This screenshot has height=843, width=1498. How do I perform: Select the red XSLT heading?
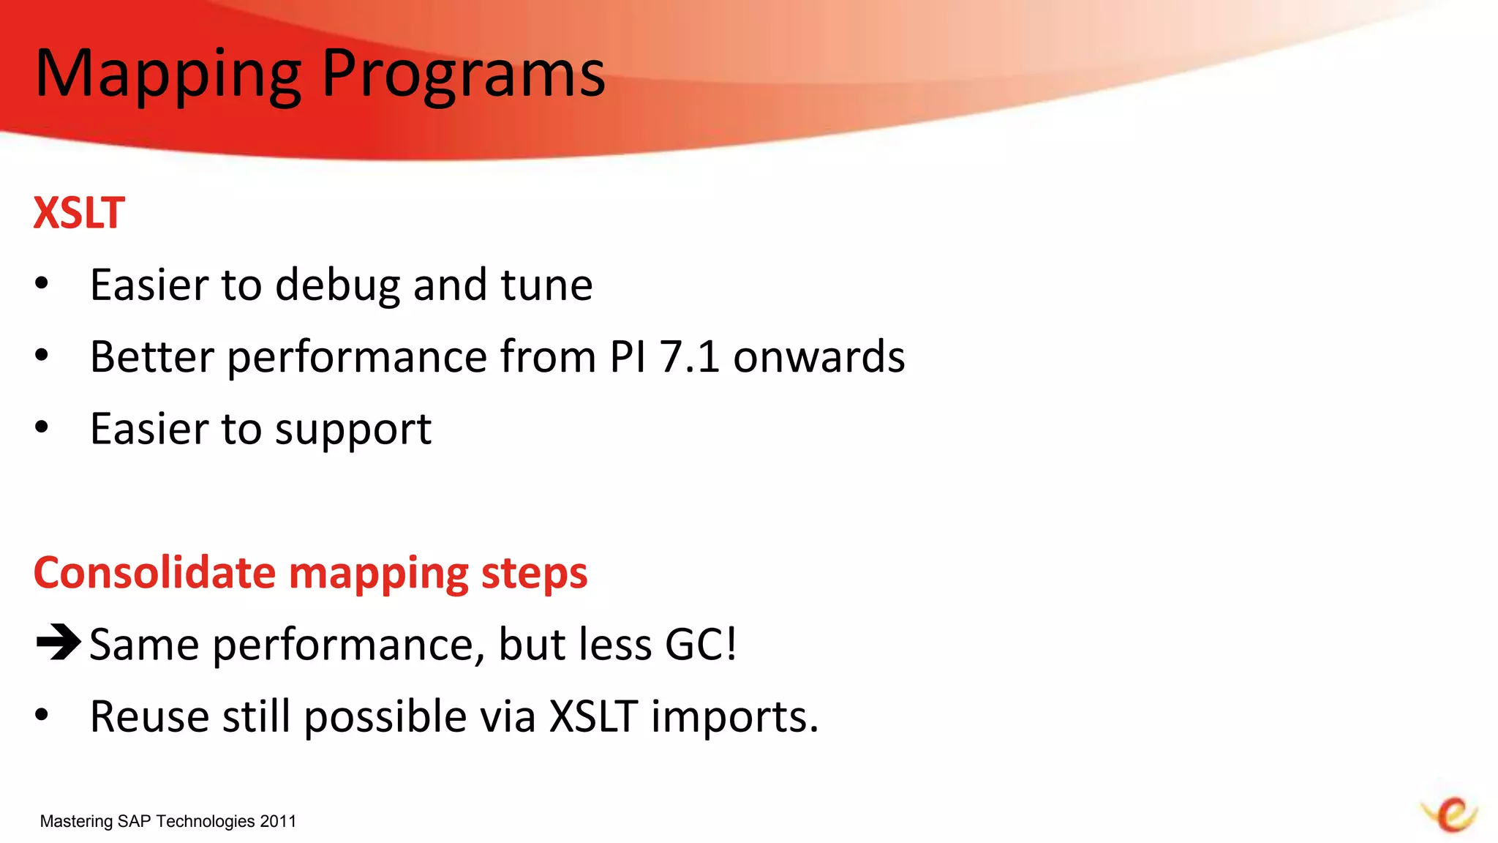click(79, 213)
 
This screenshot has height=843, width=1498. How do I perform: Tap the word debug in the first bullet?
click(337, 285)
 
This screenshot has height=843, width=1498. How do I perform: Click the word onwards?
click(818, 357)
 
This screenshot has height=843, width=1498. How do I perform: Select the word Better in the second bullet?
click(152, 357)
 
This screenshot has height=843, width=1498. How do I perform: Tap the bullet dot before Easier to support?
click(42, 427)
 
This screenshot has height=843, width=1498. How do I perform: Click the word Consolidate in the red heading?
click(154, 572)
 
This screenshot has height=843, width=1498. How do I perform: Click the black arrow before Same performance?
click(58, 642)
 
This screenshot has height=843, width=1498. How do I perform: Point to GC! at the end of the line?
click(700, 645)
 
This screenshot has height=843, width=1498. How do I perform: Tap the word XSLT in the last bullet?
click(593, 716)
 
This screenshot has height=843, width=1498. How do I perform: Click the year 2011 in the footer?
click(278, 821)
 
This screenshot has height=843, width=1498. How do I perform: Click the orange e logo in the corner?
click(1451, 814)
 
